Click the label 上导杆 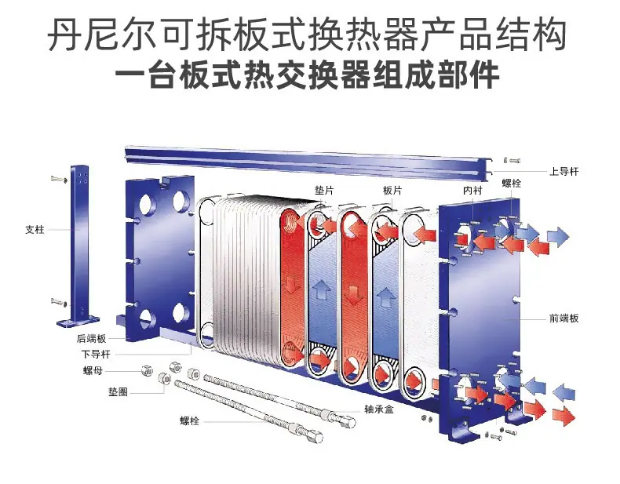click(x=563, y=172)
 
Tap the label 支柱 click(x=35, y=230)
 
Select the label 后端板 click(x=91, y=339)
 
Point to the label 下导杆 click(x=96, y=354)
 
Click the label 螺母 click(x=93, y=370)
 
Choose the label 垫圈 click(x=118, y=392)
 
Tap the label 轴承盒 click(x=379, y=409)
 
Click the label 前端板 click(x=563, y=318)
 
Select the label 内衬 click(x=472, y=191)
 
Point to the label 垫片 click(x=324, y=191)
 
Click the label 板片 click(x=392, y=191)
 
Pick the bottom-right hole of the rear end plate click(x=181, y=313)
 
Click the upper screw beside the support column click(x=59, y=180)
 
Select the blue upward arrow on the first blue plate click(x=322, y=289)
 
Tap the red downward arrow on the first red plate click(x=291, y=284)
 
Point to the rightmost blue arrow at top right click(x=558, y=237)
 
